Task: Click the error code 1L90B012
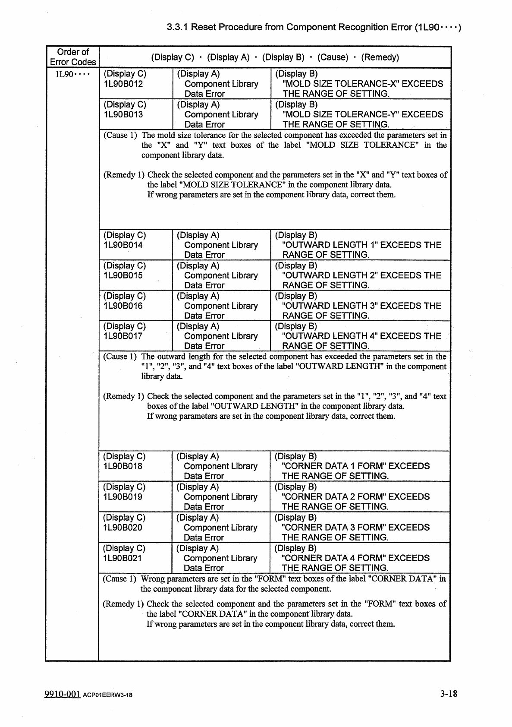123,84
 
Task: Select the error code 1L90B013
123,114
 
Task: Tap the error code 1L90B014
123,245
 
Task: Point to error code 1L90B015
123,275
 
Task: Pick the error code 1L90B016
123,306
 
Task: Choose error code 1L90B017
123,336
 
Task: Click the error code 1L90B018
123,466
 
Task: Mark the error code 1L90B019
123,497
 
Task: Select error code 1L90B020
123,528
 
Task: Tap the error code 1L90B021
123,558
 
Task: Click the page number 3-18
449,694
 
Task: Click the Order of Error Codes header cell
72,57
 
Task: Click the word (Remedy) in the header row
380,57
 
